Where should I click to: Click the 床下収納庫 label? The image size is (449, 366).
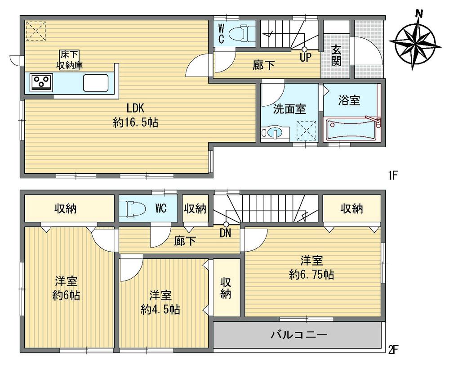coord(68,60)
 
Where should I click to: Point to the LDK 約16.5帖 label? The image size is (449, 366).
coord(135,116)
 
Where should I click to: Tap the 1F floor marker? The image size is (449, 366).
coord(392,175)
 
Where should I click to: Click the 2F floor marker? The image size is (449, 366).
coord(393,349)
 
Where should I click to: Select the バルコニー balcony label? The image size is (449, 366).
coord(298,335)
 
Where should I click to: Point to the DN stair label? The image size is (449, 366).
coord(226,233)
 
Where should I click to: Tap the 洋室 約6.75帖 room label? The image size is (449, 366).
coord(311,267)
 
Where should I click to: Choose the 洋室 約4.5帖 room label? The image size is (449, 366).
coord(160,302)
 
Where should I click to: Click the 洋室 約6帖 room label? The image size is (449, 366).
coord(66,289)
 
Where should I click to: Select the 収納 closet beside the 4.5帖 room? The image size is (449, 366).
coord(226,288)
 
